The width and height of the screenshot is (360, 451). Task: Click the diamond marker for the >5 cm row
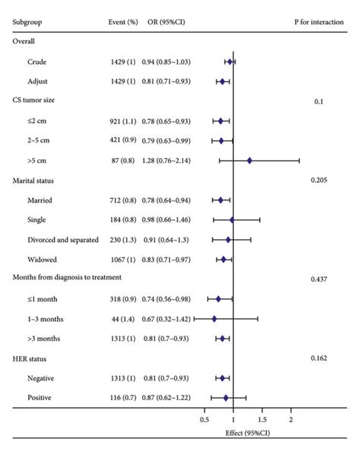coord(249,160)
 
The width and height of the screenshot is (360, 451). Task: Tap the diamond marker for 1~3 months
coord(214,318)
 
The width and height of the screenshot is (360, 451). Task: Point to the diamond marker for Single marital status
coord(232,219)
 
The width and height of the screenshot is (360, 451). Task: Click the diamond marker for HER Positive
coord(226,397)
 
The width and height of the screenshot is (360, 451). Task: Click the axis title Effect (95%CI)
coord(247,432)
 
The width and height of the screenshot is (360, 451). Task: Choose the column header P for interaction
coord(321,22)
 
